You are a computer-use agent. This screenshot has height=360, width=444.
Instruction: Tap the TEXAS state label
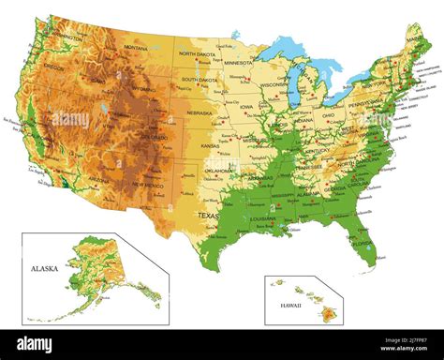click(208, 216)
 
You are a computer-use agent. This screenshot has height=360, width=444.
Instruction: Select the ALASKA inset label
click(43, 268)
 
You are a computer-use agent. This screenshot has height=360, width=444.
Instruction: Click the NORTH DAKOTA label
click(198, 54)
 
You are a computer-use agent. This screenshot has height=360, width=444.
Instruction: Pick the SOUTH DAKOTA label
click(200, 80)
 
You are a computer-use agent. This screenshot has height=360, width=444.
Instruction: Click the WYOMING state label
click(143, 91)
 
